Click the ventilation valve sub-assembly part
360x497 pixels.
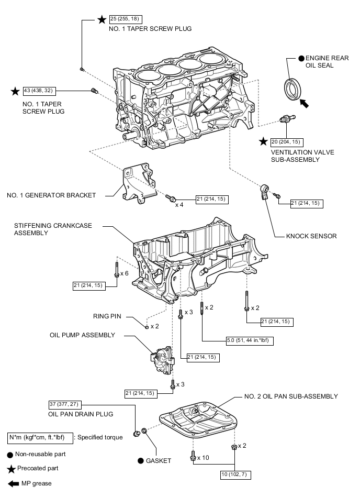tap(285, 120)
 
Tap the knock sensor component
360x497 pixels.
tap(265, 191)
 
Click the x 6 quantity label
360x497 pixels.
tap(124, 273)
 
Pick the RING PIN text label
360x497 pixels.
tap(108, 316)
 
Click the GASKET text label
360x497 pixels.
tap(159, 461)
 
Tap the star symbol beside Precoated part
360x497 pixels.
tap(10, 468)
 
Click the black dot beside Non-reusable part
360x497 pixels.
tap(10, 455)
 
